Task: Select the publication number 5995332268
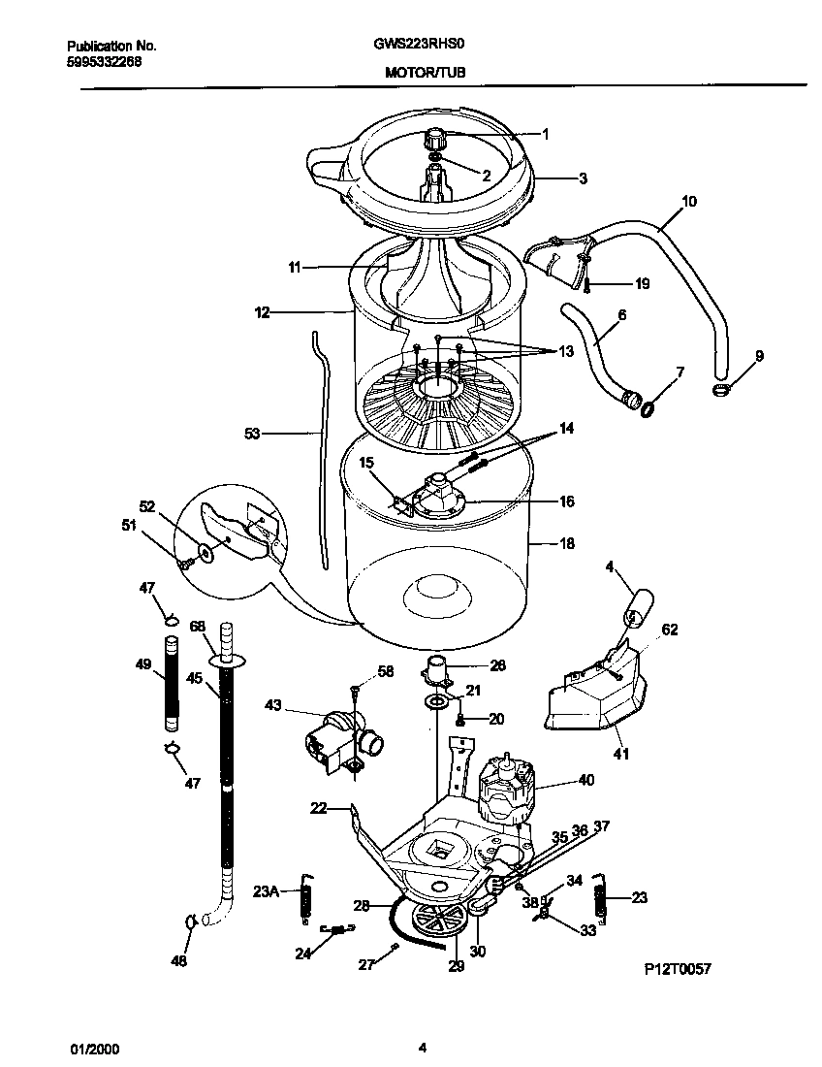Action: pos(105,59)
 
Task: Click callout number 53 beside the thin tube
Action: pos(253,435)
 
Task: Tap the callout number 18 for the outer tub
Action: pos(568,544)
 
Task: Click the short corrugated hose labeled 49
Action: pos(172,683)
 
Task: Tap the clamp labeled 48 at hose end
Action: pos(189,921)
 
